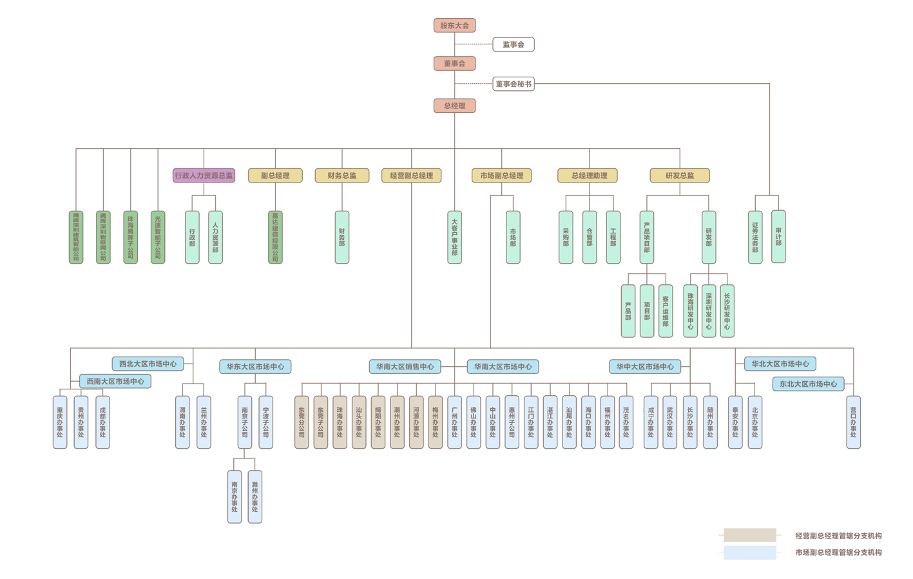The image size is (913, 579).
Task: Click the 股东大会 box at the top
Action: tap(454, 26)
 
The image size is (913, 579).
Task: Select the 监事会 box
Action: tap(513, 44)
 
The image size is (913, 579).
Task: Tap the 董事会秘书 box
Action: tap(513, 84)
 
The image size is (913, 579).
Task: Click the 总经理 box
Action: tap(454, 106)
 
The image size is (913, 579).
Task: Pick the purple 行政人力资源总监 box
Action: tap(204, 175)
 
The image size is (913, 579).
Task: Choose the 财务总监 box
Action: tap(341, 175)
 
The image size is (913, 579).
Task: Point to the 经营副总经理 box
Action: tap(411, 175)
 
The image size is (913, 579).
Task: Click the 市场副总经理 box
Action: tap(501, 175)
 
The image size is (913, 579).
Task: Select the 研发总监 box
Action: tap(679, 175)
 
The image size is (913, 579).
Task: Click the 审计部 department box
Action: tap(778, 237)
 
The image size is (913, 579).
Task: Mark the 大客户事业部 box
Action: tap(454, 237)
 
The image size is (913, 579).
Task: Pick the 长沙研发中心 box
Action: tap(727, 311)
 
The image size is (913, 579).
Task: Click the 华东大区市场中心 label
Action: tap(255, 367)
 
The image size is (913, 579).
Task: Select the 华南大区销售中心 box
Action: tap(405, 367)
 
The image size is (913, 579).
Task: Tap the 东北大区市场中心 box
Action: tap(808, 384)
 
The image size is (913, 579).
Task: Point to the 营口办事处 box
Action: tap(853, 422)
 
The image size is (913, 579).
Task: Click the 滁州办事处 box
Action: tap(255, 496)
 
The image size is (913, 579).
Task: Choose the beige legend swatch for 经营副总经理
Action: tap(749, 535)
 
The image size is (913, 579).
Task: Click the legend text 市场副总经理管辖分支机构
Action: tap(838, 553)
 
